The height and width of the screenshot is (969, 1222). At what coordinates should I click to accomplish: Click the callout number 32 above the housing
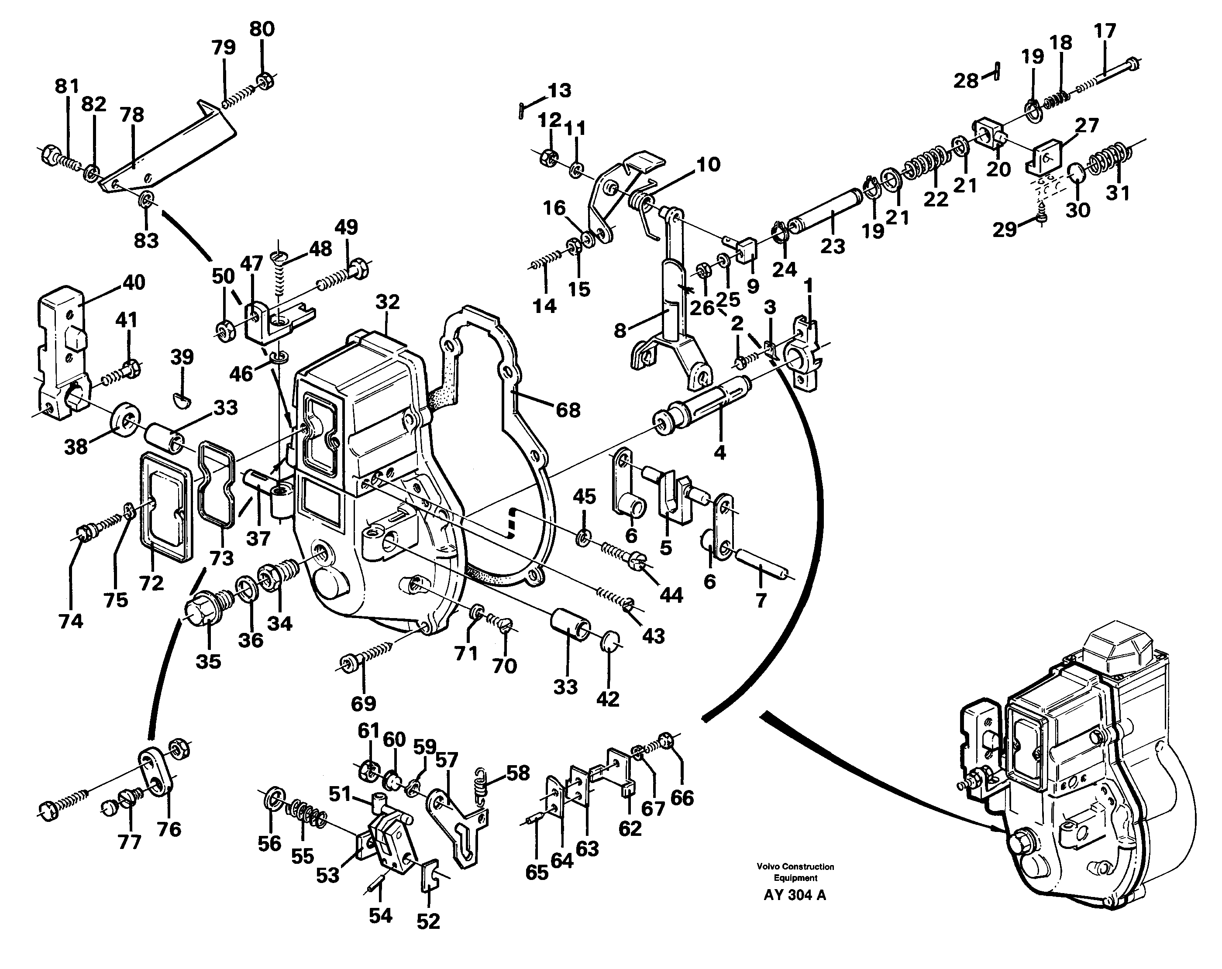click(387, 302)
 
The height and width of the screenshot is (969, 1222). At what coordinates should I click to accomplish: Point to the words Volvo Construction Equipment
click(795, 872)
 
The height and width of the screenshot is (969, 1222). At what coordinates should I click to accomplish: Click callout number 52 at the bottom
click(428, 922)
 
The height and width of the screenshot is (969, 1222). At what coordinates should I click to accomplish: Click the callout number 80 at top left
click(262, 29)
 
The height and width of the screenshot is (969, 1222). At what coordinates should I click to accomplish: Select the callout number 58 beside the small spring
click(517, 773)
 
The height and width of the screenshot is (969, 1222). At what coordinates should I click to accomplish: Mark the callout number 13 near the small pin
click(559, 91)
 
